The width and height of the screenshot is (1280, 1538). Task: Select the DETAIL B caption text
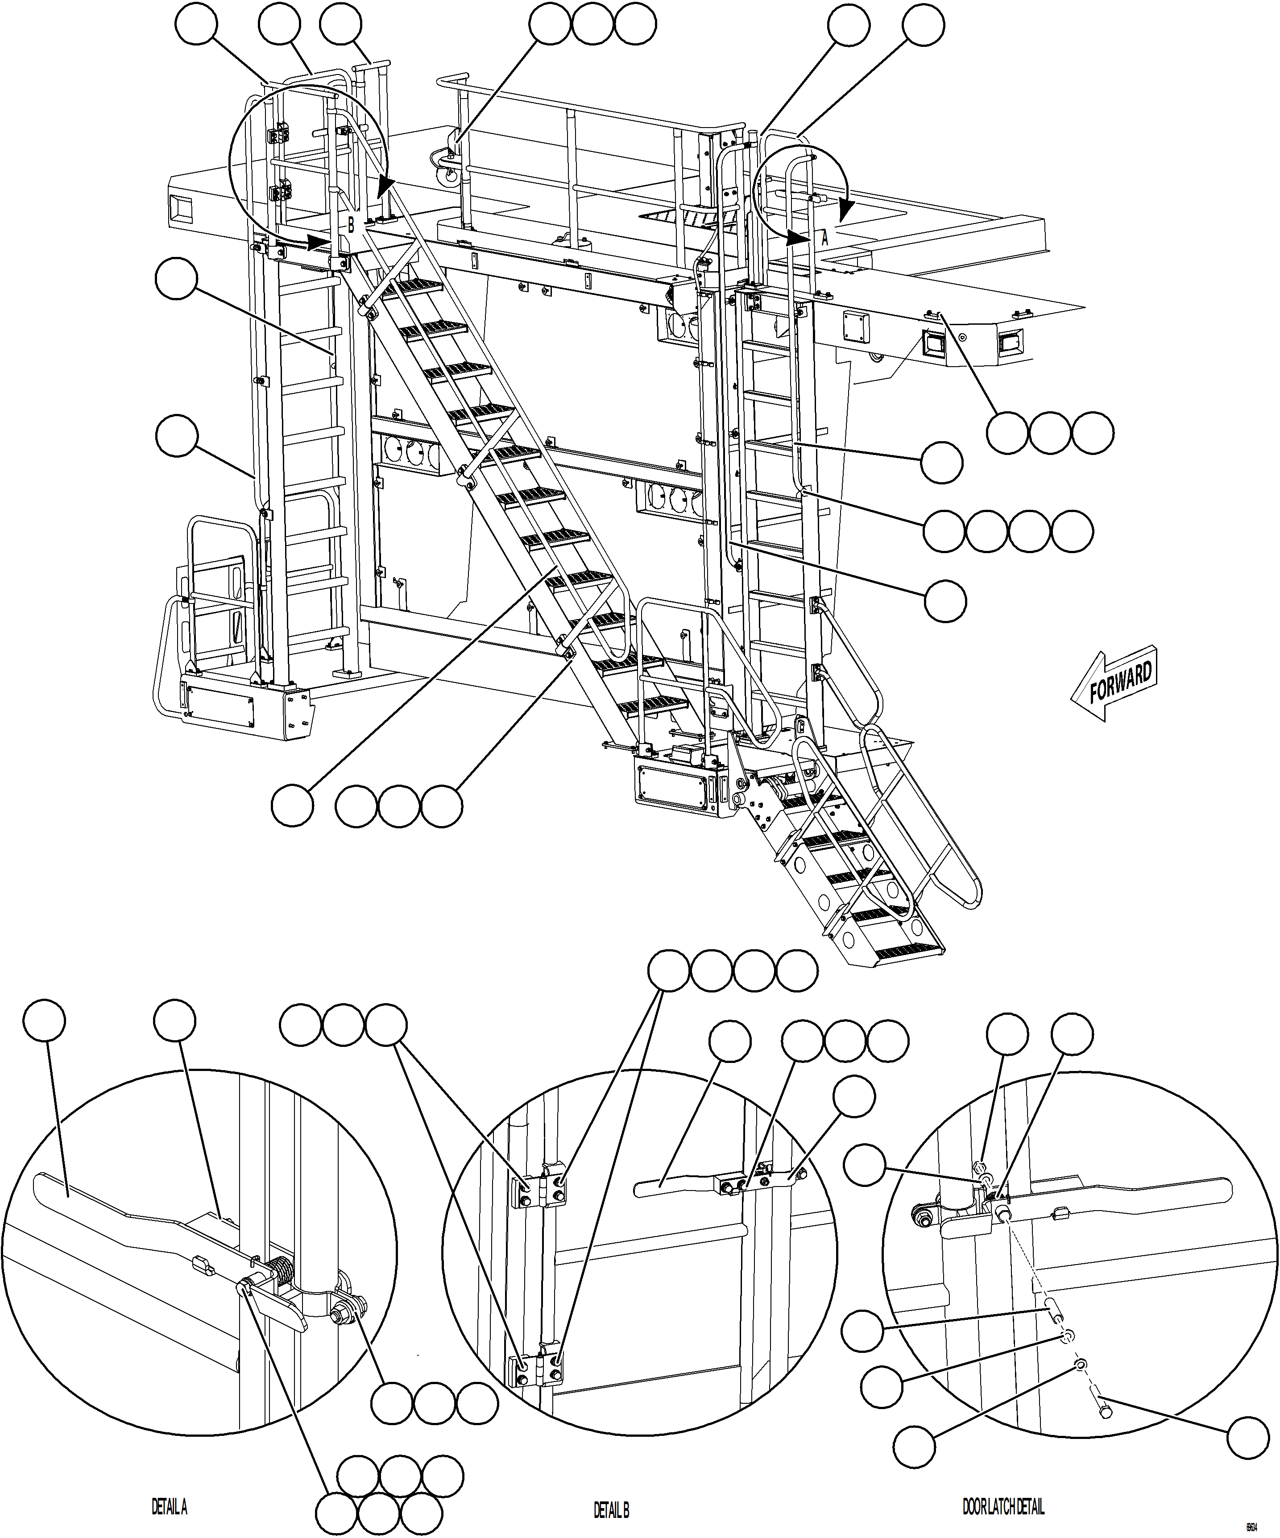pyautogui.click(x=611, y=1504)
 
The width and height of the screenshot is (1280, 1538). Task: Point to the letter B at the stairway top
pyautogui.click(x=351, y=225)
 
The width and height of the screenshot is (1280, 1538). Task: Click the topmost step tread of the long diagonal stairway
pyautogui.click(x=414, y=287)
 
